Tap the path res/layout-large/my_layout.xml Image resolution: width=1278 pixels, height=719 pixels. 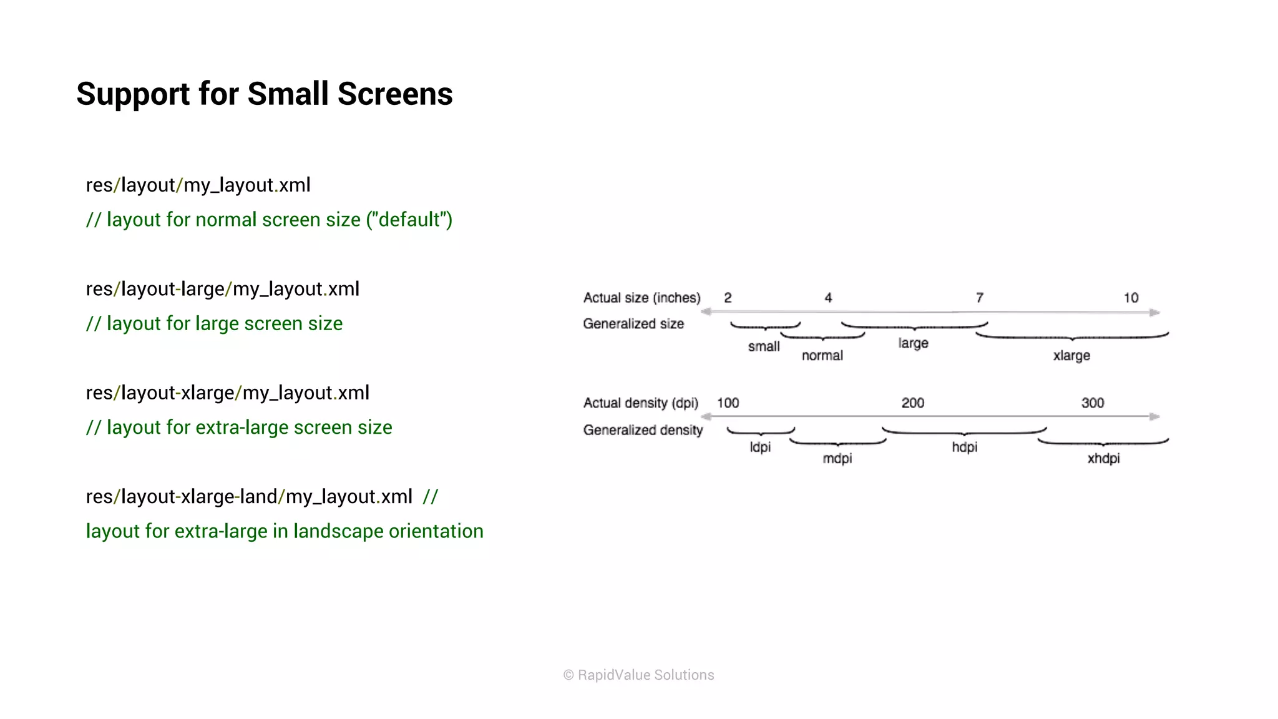point(222,289)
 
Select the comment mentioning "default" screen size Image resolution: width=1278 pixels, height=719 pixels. point(269,220)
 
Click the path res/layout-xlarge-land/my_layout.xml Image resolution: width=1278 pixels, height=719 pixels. point(249,497)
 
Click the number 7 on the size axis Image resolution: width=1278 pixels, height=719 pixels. point(979,298)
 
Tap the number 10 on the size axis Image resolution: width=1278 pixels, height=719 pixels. point(1131,298)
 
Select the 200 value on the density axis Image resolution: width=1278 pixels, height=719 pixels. point(912,403)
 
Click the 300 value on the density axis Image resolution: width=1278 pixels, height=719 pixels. point(1092,403)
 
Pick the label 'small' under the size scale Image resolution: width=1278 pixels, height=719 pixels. point(764,346)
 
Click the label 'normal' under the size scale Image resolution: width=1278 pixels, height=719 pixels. point(822,356)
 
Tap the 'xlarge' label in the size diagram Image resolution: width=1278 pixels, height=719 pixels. point(1071,356)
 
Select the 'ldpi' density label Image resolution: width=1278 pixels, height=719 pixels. point(760,447)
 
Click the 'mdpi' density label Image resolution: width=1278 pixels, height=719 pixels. point(837,459)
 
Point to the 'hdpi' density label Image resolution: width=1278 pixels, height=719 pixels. point(964,447)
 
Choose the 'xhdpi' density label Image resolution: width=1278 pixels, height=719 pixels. point(1103,459)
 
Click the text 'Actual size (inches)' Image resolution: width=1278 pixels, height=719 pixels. point(641,298)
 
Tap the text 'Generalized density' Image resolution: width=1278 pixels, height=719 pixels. point(643,430)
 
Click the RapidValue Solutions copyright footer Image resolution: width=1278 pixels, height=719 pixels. point(638,675)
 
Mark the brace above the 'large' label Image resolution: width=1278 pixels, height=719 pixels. point(914,326)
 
